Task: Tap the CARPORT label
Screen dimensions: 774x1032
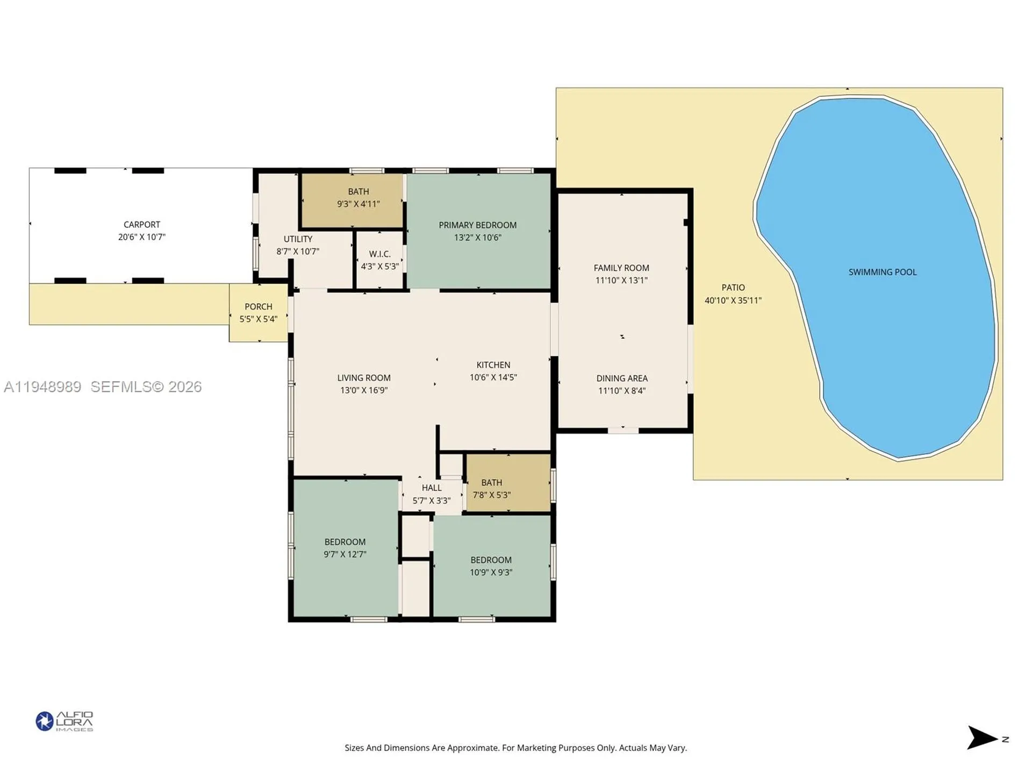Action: (x=142, y=225)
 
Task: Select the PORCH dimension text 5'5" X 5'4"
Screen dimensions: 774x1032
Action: (x=259, y=319)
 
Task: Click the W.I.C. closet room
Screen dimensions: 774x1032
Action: (x=379, y=260)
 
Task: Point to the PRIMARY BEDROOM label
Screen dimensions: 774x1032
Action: (x=477, y=225)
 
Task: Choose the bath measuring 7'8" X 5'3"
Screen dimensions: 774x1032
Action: (x=491, y=489)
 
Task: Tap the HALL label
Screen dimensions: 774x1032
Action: (x=432, y=488)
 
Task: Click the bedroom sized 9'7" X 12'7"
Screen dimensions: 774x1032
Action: (x=345, y=548)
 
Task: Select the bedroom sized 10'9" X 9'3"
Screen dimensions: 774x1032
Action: (x=491, y=566)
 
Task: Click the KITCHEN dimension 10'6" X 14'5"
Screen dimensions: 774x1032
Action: (x=493, y=377)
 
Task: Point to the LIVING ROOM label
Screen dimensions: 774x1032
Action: (x=364, y=378)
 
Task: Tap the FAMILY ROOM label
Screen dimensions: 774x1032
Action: (x=621, y=268)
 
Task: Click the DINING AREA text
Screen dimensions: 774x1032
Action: (x=622, y=378)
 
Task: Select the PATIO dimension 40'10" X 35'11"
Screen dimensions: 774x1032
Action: (x=733, y=300)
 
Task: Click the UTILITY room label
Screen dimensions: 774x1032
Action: (x=298, y=239)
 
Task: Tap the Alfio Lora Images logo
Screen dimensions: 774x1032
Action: (x=64, y=721)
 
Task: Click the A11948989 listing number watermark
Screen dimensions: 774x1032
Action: (x=43, y=387)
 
